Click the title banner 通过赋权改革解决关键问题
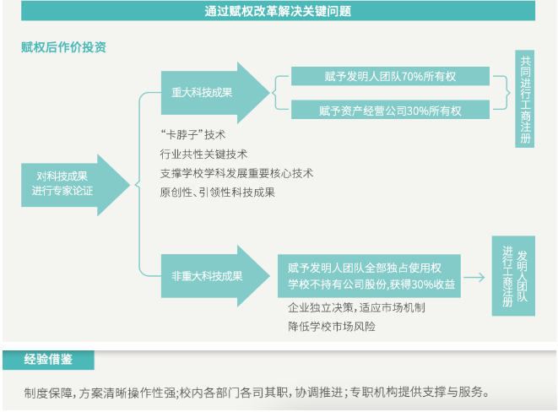point(278,11)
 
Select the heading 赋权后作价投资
point(63,47)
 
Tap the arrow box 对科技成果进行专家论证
point(75,185)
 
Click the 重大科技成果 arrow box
point(215,93)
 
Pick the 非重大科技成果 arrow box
point(215,276)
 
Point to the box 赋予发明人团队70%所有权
point(390,76)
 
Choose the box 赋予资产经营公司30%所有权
point(390,110)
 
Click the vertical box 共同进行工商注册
point(525,99)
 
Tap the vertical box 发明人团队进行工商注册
point(513,276)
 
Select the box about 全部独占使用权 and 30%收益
point(370,276)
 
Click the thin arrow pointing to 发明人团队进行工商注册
point(474,277)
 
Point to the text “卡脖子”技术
point(192,135)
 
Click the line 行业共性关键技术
point(203,154)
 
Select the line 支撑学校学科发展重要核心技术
point(236,173)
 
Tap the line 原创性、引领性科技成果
point(218,192)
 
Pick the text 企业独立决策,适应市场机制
point(356,307)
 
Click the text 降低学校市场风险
point(332,326)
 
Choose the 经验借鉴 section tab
point(48,360)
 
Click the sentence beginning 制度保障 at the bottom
point(257,392)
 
